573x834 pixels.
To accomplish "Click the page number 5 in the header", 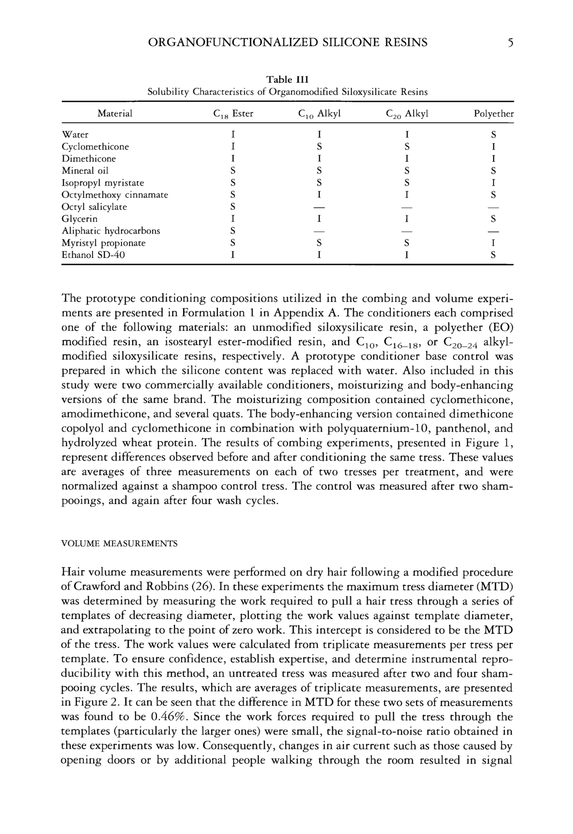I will [510, 43].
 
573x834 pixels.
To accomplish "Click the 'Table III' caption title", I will [287, 79].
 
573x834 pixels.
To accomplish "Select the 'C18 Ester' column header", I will [233, 114].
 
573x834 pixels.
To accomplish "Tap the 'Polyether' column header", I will [494, 114].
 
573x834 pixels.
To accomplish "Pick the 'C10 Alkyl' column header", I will [319, 114].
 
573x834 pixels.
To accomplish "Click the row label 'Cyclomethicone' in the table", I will [95, 147].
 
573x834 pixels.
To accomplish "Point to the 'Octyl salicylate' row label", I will [94, 207].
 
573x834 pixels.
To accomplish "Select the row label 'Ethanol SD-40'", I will [93, 255].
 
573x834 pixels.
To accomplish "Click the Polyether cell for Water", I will [494, 135].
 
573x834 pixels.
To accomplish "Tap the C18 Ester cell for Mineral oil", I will [233, 171].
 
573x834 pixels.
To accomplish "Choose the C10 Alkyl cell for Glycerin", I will [319, 219].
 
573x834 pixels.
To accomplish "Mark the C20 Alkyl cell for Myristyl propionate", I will [406, 243].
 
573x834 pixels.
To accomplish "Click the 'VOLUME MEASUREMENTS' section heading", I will [119, 544].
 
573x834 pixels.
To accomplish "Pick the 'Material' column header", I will [115, 114].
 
